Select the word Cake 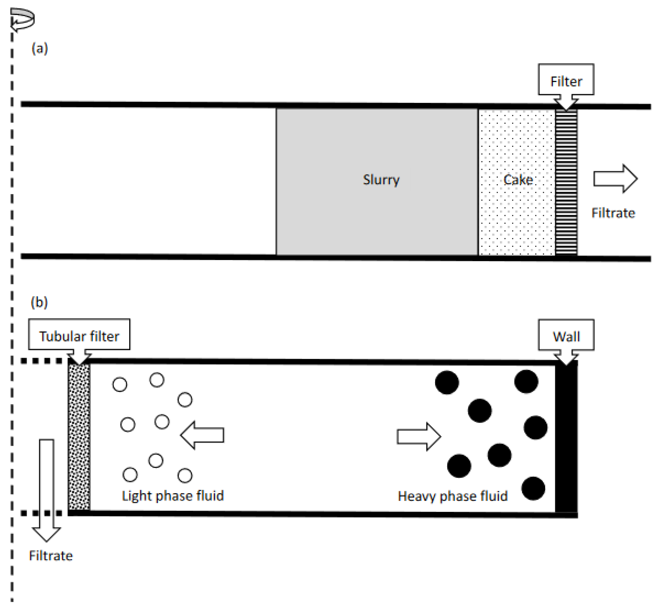[518, 180]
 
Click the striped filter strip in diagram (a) [566, 182]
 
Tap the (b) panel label [39, 302]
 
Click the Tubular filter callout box [79, 334]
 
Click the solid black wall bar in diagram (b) [566, 437]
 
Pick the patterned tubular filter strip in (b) [79, 437]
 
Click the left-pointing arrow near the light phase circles [202, 435]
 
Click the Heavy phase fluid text [453, 496]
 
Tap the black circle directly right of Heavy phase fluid [533, 488]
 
